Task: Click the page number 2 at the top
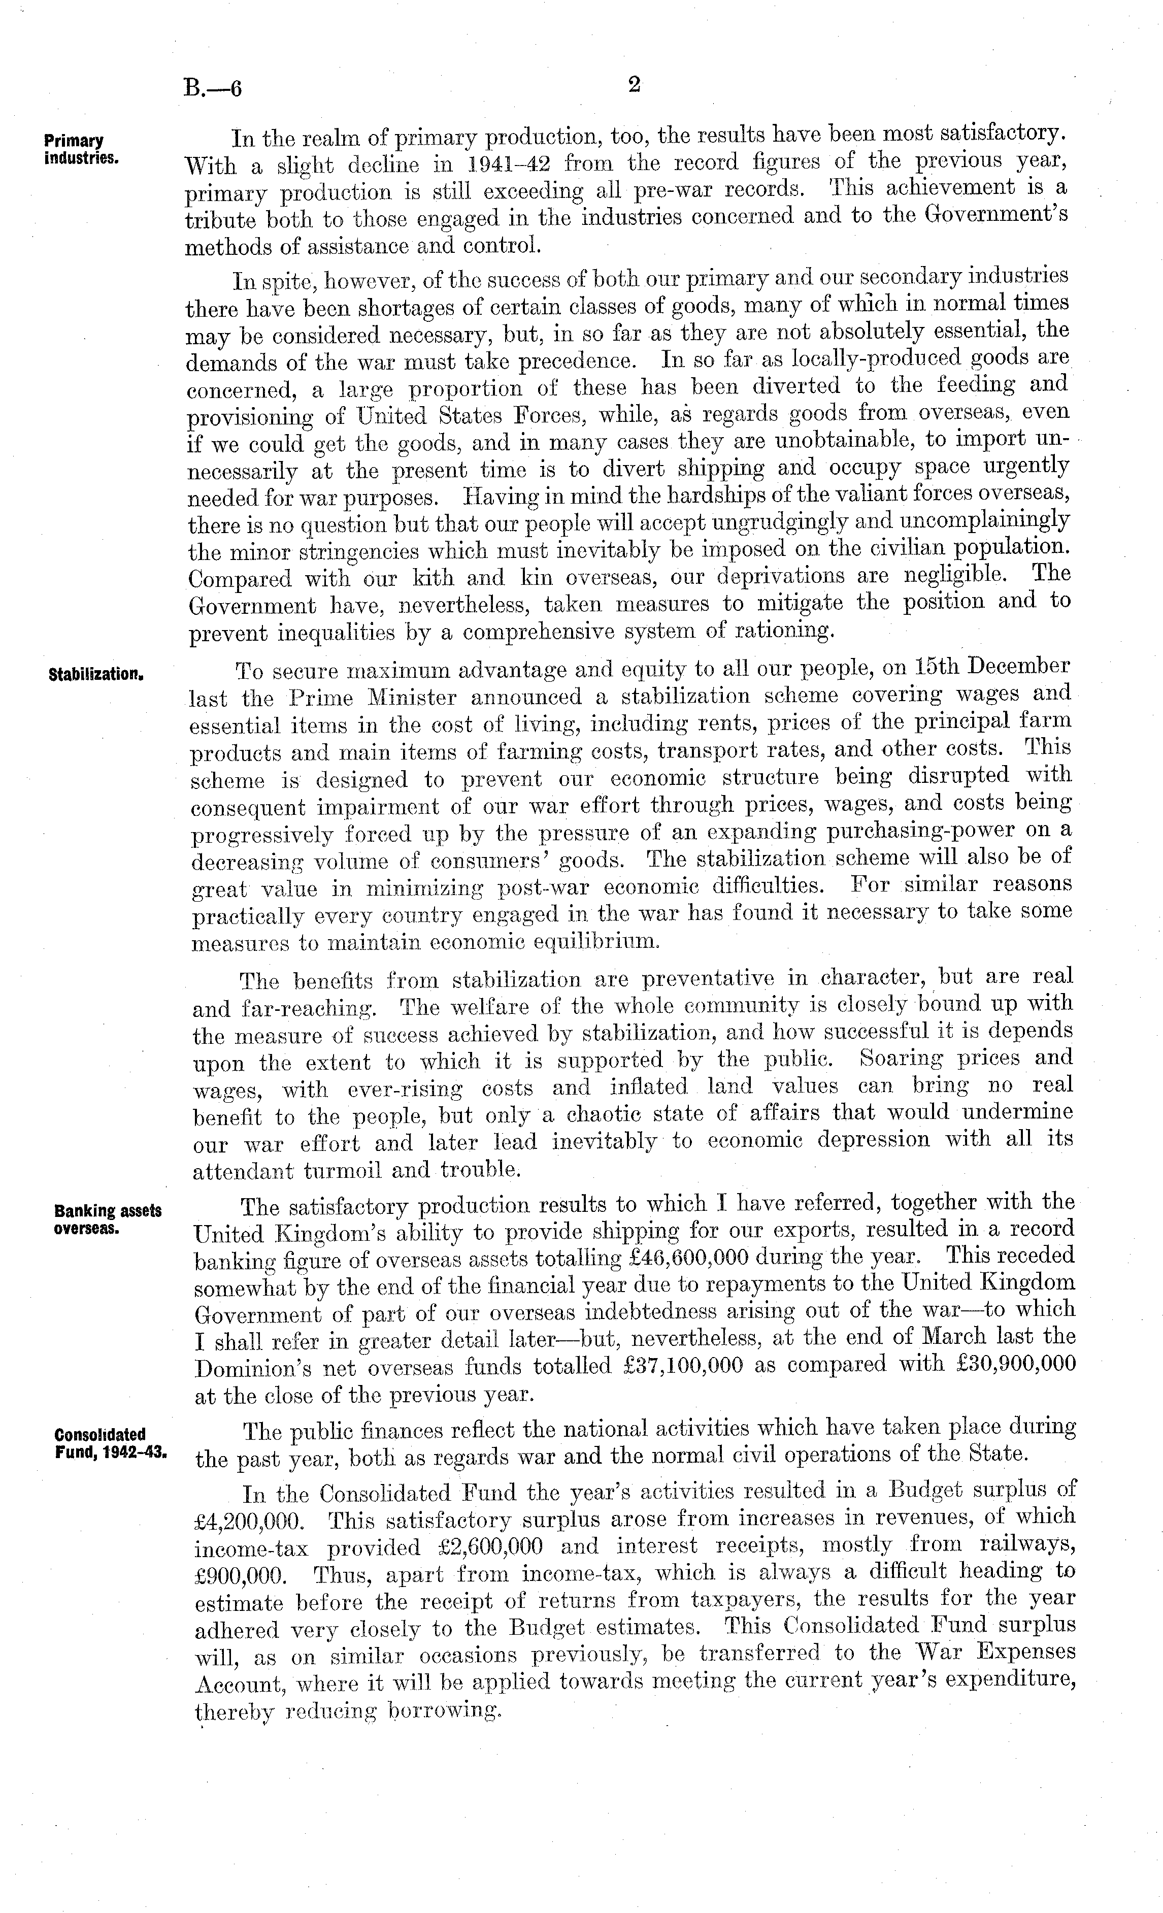tap(634, 86)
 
